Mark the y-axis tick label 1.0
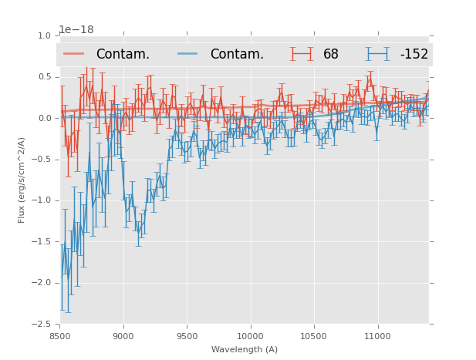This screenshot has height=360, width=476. pyautogui.click(x=44, y=35)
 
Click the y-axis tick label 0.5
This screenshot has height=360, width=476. pyautogui.click(x=44, y=77)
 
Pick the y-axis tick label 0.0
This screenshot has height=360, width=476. pyautogui.click(x=44, y=118)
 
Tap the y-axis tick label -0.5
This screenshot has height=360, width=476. pyautogui.click(x=42, y=160)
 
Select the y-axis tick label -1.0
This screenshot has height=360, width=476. pyautogui.click(x=42, y=200)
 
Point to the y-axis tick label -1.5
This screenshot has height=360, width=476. pyautogui.click(x=42, y=241)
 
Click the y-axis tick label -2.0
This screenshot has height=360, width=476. pyautogui.click(x=42, y=283)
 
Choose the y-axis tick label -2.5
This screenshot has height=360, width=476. pyautogui.click(x=42, y=324)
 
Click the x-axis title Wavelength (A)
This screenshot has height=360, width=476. pyautogui.click(x=244, y=350)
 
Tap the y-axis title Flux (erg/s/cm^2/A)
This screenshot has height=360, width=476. pyautogui.click(x=22, y=180)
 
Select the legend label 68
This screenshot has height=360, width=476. pyautogui.click(x=331, y=55)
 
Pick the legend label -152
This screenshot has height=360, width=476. pyautogui.click(x=414, y=55)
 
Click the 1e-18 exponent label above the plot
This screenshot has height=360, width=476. pyautogui.click(x=76, y=30)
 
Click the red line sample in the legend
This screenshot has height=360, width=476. pyautogui.click(x=74, y=54)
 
